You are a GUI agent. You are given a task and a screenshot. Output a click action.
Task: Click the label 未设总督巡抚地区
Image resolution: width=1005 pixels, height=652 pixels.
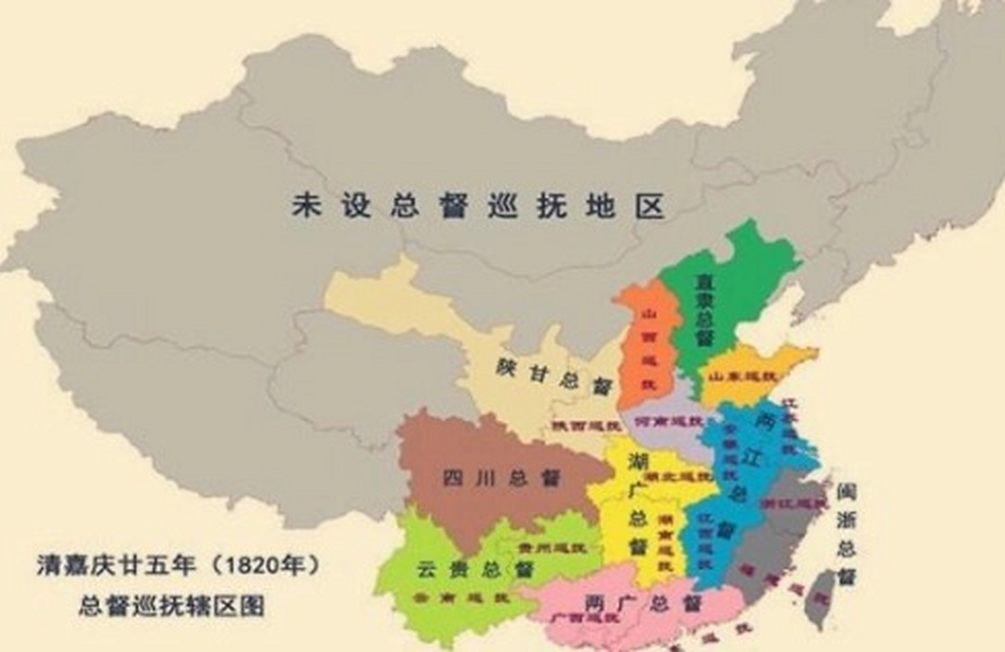pyautogui.click(x=478, y=206)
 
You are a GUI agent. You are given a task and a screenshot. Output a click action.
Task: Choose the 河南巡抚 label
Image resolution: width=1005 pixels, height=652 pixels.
pyautogui.click(x=667, y=422)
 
